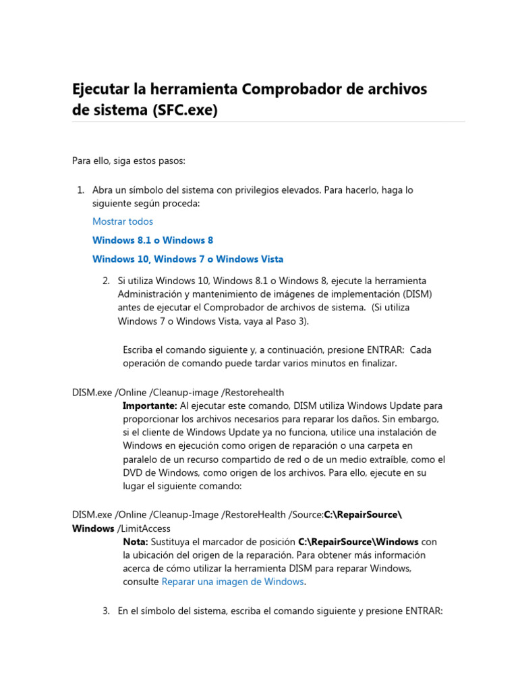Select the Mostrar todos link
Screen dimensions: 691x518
click(x=123, y=221)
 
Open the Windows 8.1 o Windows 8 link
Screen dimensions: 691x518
click(x=152, y=240)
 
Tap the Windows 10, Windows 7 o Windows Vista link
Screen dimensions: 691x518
click(x=188, y=259)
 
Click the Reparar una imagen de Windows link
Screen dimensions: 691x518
click(x=233, y=582)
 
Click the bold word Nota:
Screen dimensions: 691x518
click(x=136, y=542)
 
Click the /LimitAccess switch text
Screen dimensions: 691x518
click(x=144, y=528)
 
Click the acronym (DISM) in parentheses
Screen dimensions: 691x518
click(x=417, y=294)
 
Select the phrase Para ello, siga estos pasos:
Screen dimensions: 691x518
click(x=128, y=160)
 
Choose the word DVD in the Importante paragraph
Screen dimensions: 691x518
click(x=132, y=472)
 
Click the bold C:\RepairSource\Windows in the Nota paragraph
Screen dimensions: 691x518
click(x=358, y=542)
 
